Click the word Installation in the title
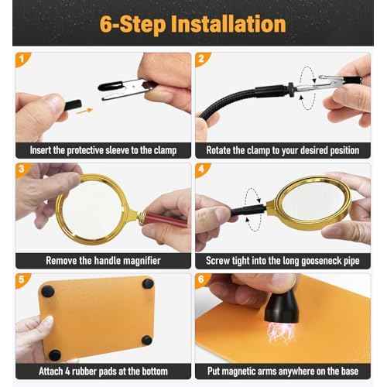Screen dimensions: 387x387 [224, 23]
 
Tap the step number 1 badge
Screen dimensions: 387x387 [21, 58]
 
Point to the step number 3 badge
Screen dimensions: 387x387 [21, 168]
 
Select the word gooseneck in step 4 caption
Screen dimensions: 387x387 [310, 262]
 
